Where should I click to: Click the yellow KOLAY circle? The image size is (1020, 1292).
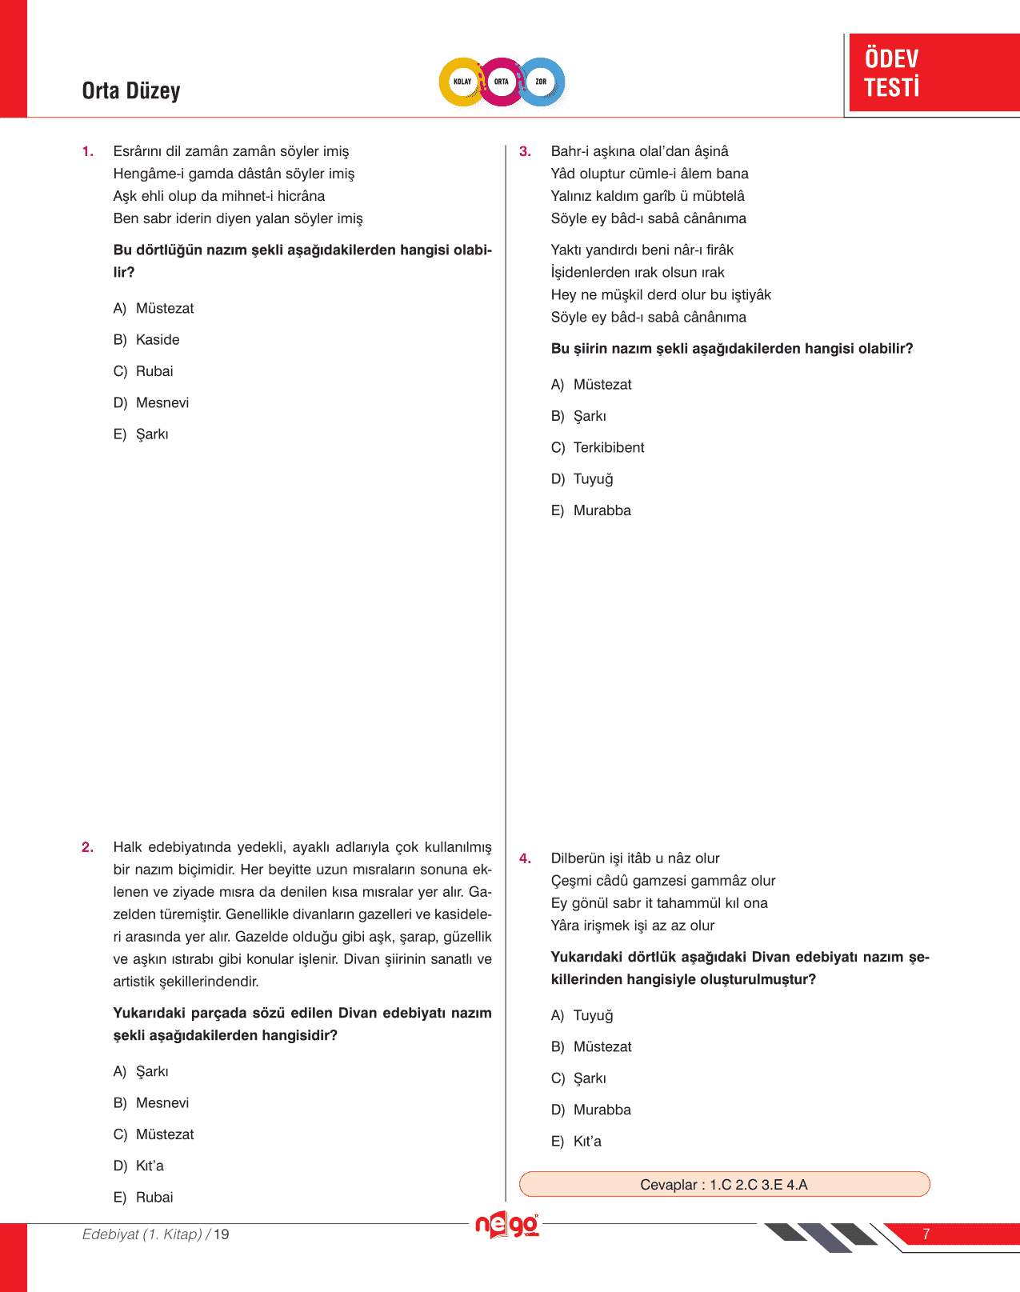(462, 82)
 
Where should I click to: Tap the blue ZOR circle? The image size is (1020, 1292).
(541, 82)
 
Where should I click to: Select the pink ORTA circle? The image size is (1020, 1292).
(502, 82)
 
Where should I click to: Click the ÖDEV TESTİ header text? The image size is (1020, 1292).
(891, 73)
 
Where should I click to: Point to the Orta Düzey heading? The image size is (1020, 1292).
(131, 91)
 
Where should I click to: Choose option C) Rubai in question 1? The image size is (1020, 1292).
(144, 371)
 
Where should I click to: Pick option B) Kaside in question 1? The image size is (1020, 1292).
(147, 340)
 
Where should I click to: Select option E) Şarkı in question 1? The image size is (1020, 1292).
(142, 434)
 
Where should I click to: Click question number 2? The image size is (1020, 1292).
(87, 847)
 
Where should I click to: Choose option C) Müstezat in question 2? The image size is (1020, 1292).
(154, 1134)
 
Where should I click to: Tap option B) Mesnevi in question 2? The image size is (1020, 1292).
(152, 1103)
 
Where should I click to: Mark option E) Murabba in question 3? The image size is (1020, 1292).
(591, 510)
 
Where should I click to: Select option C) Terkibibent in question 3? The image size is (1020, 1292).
(598, 448)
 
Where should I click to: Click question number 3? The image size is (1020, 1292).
(525, 151)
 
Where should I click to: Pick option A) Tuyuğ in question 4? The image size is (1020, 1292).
(582, 1015)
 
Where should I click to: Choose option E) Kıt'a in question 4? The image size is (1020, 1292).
(577, 1142)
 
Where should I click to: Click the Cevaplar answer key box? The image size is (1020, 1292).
(724, 1184)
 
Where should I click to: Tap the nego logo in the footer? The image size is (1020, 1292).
(507, 1226)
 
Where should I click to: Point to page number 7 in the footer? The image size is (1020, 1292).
(926, 1234)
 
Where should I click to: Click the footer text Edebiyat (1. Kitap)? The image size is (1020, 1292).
(142, 1234)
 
